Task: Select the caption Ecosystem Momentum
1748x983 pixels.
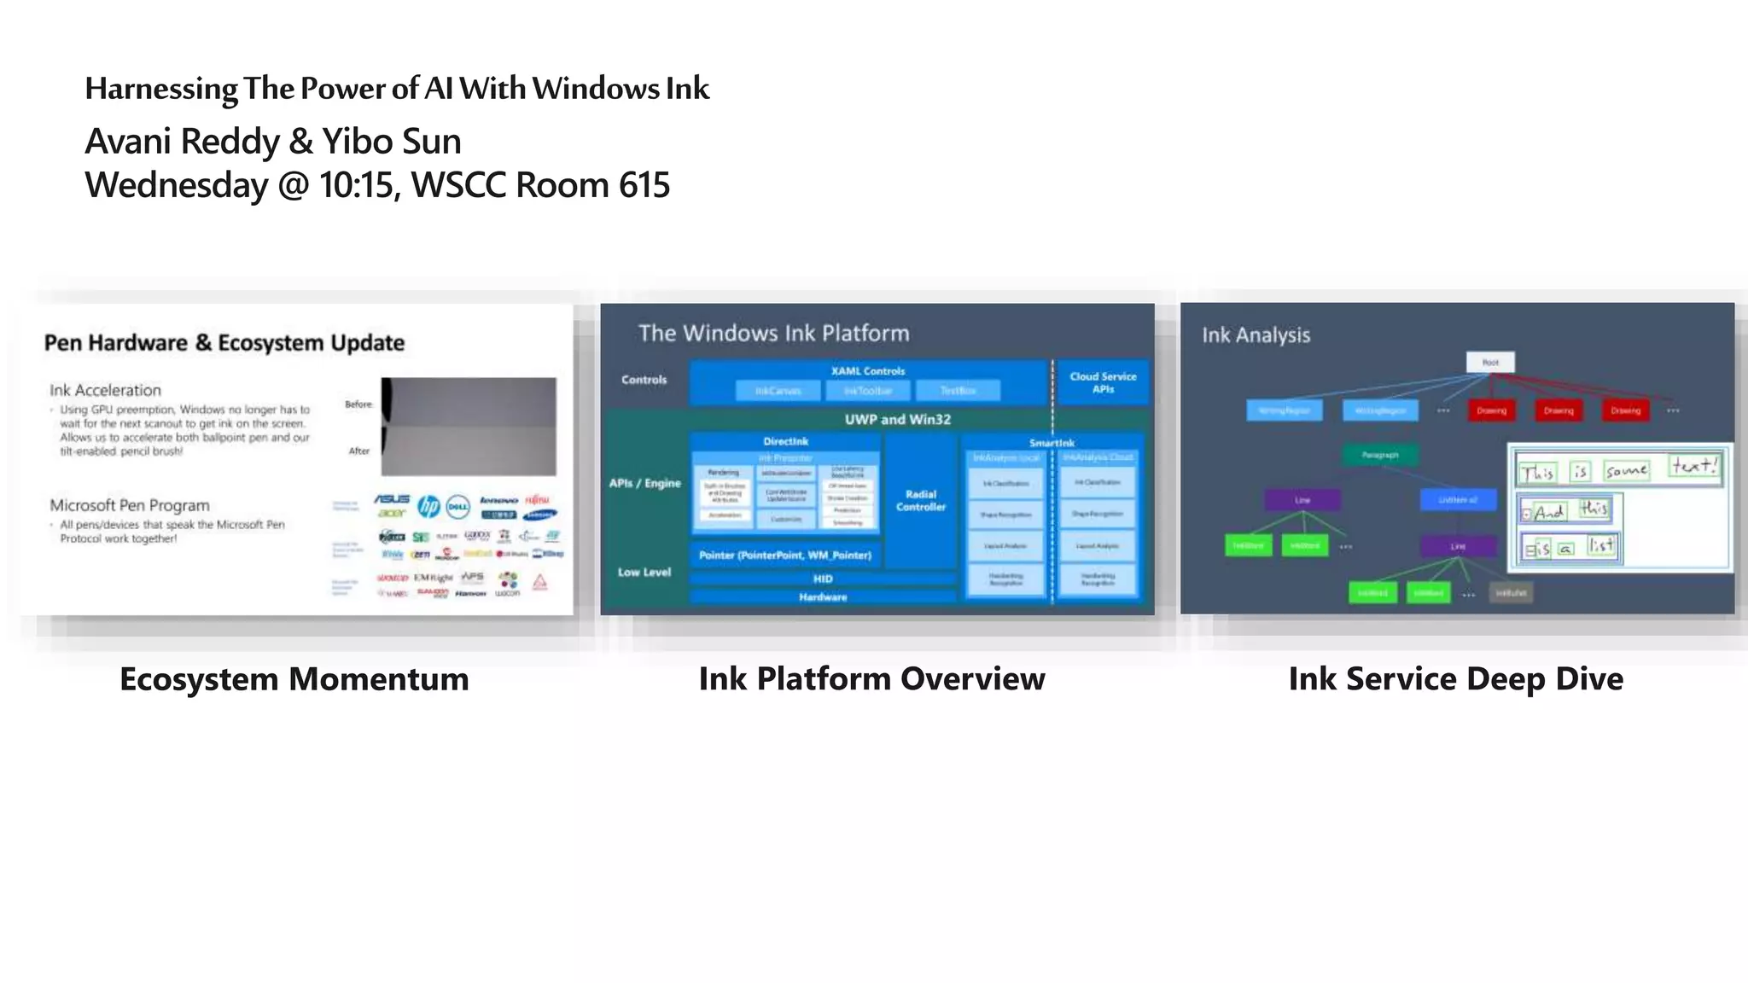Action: pos(294,679)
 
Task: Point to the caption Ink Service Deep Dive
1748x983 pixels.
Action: pos(1455,679)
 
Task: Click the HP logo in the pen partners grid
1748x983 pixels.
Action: pos(428,507)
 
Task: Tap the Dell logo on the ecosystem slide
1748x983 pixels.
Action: pos(458,507)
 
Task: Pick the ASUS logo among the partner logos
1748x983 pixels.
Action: pos(392,499)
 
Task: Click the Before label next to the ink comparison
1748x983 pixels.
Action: pos(358,404)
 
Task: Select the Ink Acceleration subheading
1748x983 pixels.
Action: pos(105,390)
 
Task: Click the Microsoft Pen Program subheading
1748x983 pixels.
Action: pos(129,505)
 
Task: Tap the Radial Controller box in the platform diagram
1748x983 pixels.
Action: pos(920,501)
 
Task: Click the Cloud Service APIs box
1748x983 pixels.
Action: pos(1103,382)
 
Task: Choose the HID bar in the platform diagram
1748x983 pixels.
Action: pos(822,579)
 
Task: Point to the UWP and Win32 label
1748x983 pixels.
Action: pos(897,419)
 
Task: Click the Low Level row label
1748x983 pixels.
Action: pos(644,572)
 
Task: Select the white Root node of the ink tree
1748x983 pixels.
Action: pos(1490,363)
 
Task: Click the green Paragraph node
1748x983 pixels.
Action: pos(1379,455)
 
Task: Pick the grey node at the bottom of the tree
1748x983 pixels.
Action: pos(1511,592)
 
